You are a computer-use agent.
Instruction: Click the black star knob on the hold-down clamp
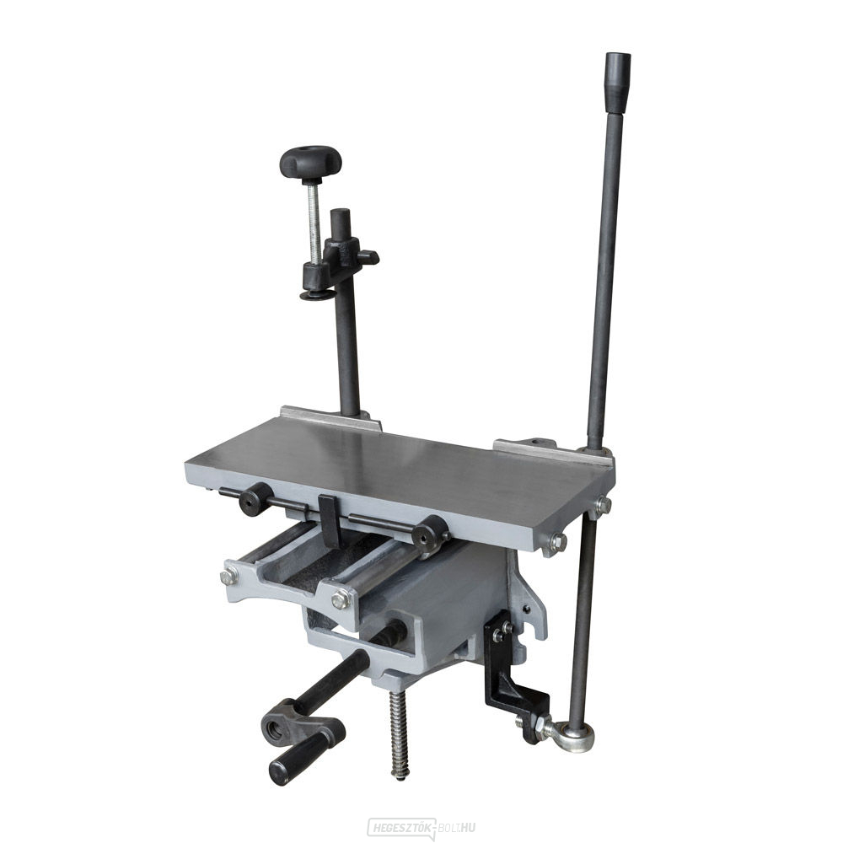pyautogui.click(x=310, y=160)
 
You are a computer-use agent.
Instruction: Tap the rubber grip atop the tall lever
pyautogui.click(x=617, y=80)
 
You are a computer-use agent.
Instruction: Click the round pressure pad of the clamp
pyautogui.click(x=315, y=295)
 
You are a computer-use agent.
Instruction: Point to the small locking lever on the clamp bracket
pyautogui.click(x=368, y=256)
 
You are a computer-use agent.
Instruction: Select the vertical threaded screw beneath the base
pyautogui.click(x=399, y=733)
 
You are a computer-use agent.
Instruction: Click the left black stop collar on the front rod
pyautogui.click(x=255, y=499)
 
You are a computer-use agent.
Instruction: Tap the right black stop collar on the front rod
pyautogui.click(x=430, y=532)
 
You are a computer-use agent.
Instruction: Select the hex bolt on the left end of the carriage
pyautogui.click(x=228, y=577)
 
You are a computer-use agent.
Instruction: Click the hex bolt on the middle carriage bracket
pyautogui.click(x=341, y=599)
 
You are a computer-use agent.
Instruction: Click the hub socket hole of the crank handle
pyautogui.click(x=275, y=724)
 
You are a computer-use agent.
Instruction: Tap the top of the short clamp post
pyautogui.click(x=340, y=215)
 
